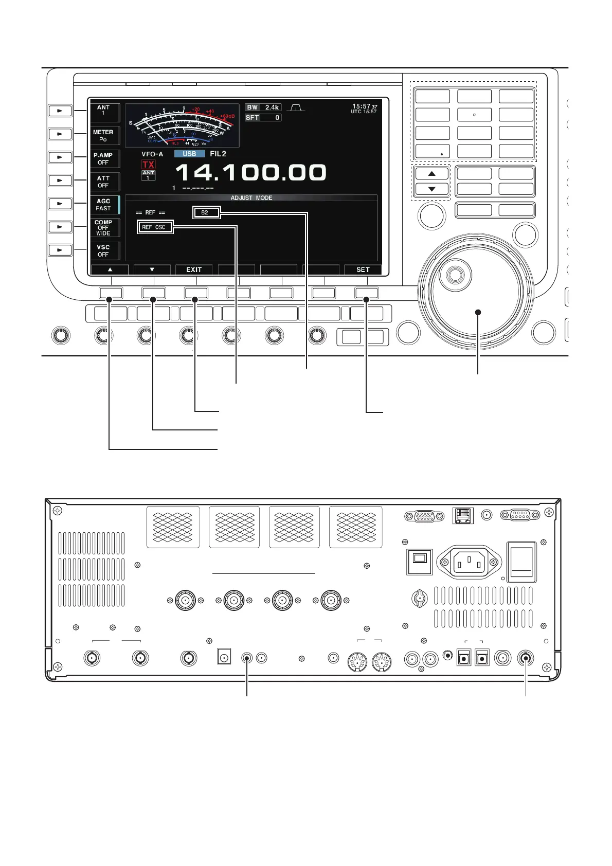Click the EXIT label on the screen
(194, 269)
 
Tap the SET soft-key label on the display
(363, 269)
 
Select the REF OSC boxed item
(155, 227)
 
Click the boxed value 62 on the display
(206, 212)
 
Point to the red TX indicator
(148, 165)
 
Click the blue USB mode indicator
(189, 154)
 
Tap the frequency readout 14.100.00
(251, 172)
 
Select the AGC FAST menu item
(104, 205)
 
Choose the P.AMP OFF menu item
(104, 158)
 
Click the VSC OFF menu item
(104, 250)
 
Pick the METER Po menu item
(104, 136)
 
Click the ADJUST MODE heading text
(251, 198)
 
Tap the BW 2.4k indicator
(263, 107)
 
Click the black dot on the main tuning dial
(478, 312)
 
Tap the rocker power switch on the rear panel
(521, 562)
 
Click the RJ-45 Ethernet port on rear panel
(463, 515)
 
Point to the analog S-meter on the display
(182, 126)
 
